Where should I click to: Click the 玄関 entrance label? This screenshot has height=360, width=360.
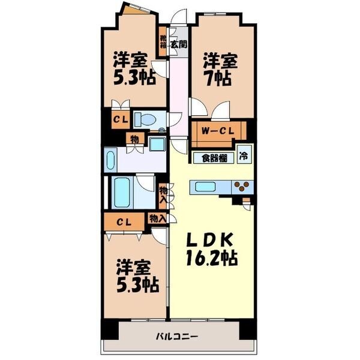(179, 44)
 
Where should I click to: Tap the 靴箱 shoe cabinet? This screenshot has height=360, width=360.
(163, 41)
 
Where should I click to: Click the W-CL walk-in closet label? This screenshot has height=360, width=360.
(218, 131)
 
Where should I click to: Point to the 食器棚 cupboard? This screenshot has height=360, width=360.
(214, 158)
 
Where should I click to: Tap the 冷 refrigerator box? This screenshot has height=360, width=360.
(244, 156)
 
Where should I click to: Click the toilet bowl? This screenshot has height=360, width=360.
(145, 119)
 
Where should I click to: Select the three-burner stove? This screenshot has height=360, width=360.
(242, 186)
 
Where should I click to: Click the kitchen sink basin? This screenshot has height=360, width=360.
(205, 186)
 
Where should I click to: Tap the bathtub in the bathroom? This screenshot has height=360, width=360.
(122, 193)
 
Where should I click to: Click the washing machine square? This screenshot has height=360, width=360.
(157, 143)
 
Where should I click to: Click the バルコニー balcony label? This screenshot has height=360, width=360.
(177, 337)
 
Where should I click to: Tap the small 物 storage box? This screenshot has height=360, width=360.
(135, 139)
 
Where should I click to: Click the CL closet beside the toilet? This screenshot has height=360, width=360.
(121, 119)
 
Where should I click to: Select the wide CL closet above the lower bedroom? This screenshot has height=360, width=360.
(124, 221)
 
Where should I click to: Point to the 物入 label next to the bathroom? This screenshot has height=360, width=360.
(163, 195)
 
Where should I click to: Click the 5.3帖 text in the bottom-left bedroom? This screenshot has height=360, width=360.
(137, 285)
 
